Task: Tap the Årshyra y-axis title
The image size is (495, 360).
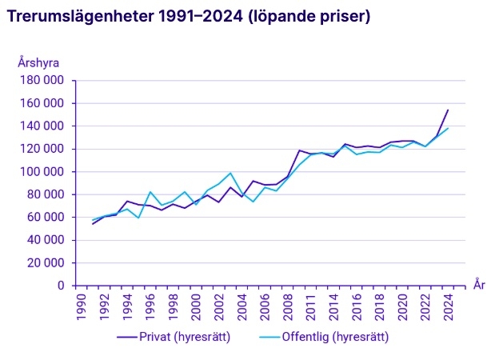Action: [39, 62]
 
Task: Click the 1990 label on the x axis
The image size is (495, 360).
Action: [81, 306]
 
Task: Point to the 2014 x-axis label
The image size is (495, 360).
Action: [334, 306]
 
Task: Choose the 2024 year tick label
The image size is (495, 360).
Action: [449, 306]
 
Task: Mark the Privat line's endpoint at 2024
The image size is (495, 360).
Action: [448, 110]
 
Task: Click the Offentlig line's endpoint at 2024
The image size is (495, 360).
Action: [448, 128]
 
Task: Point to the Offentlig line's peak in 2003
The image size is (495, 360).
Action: [230, 173]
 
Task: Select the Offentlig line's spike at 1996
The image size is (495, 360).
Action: [150, 192]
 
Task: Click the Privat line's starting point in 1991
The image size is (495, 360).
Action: [93, 224]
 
